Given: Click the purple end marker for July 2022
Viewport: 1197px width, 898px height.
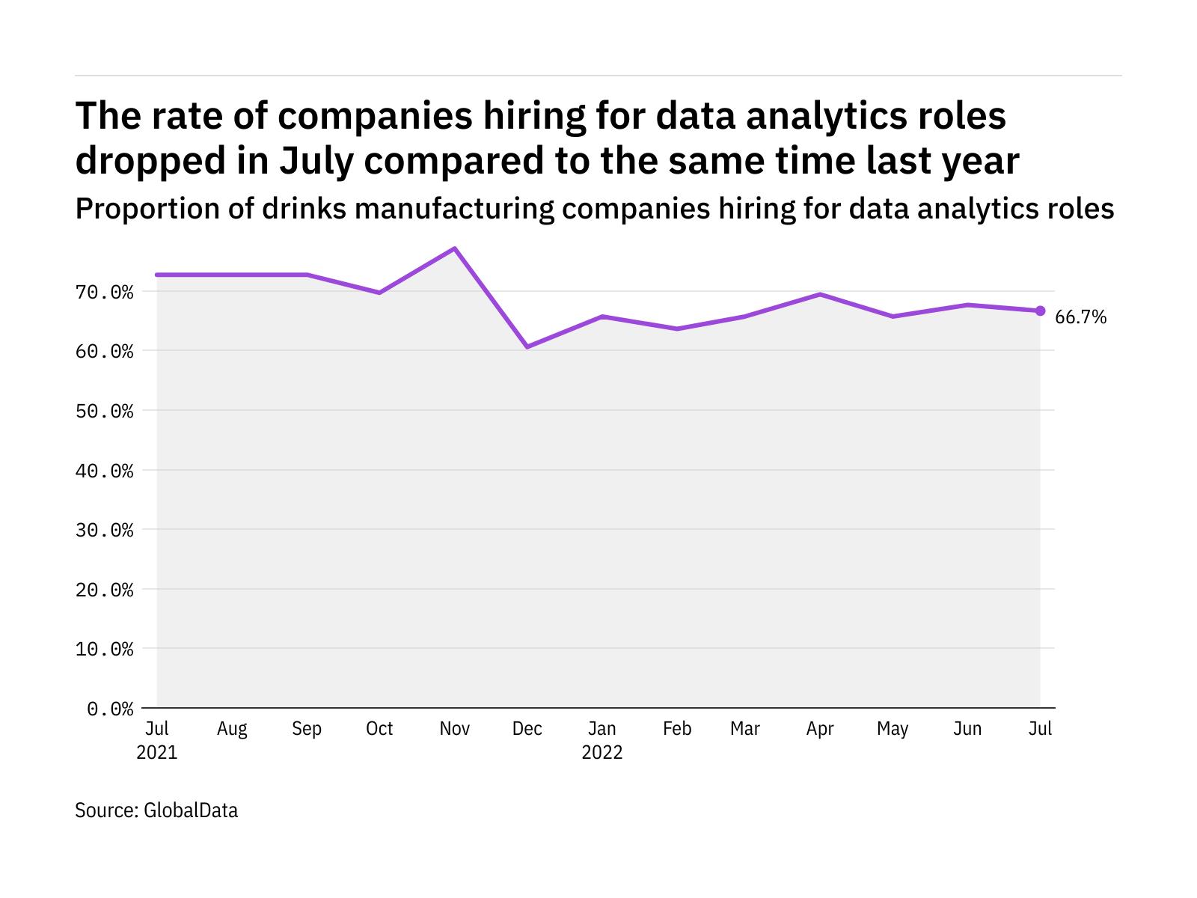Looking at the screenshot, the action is (1040, 311).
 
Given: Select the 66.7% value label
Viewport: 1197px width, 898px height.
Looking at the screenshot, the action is (1080, 317).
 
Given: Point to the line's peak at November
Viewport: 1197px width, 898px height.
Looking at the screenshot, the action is (454, 248).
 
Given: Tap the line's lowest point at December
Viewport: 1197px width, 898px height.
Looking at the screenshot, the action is (527, 346).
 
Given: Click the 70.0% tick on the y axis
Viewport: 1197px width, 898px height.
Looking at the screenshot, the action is (104, 293).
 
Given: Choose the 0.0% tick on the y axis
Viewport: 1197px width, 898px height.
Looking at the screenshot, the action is (110, 709).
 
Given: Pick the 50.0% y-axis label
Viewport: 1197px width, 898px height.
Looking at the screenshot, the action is (104, 411).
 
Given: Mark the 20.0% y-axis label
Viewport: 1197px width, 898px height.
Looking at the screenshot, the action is (104, 590).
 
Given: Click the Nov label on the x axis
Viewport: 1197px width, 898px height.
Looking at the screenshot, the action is (454, 728).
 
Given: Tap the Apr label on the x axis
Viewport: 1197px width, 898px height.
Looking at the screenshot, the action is (820, 729).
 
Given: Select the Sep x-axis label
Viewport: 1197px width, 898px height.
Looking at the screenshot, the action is (307, 729).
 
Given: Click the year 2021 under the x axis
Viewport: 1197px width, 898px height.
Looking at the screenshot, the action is (156, 752).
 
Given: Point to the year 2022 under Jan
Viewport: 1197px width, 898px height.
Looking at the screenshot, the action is (601, 752).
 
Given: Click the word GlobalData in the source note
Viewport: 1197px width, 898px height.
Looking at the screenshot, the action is (190, 810).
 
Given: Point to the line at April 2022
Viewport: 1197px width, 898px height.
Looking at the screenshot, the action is (820, 294).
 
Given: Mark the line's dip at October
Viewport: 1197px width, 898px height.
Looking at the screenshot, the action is (379, 293).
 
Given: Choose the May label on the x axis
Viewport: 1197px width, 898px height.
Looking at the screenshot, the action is (893, 729).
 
